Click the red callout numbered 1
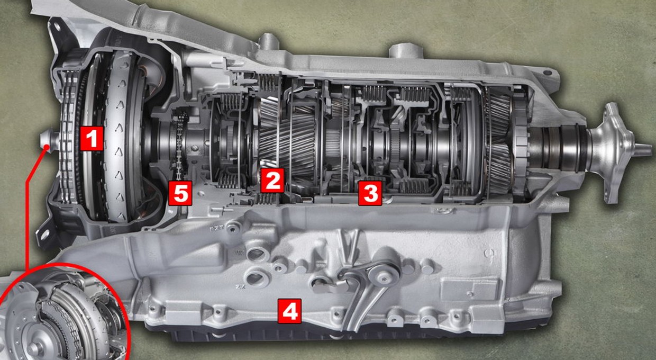[92, 138]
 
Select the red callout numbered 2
[272, 181]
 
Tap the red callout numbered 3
[370, 193]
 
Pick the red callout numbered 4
[289, 311]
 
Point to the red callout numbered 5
[180, 193]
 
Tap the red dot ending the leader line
[47, 147]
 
